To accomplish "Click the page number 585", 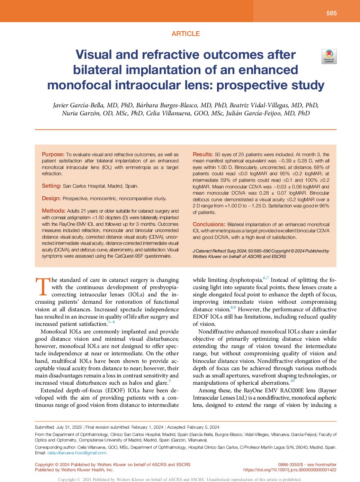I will pos(331,13).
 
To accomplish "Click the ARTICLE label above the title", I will pos(186,34).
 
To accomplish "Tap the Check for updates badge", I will pos(329,56).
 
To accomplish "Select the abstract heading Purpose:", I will pos(53,154).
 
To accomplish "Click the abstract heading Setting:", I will pos(51,186).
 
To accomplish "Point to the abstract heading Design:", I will pos(51,198).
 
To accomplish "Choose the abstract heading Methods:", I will pos(54,211).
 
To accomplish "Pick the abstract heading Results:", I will pos(202,154).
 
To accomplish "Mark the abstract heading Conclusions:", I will pos(209,224).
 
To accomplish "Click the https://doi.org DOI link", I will pos(290,470).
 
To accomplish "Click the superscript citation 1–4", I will pos(111,322).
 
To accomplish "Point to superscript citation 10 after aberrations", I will pos(292,381).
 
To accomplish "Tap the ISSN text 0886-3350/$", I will pos(290,465).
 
